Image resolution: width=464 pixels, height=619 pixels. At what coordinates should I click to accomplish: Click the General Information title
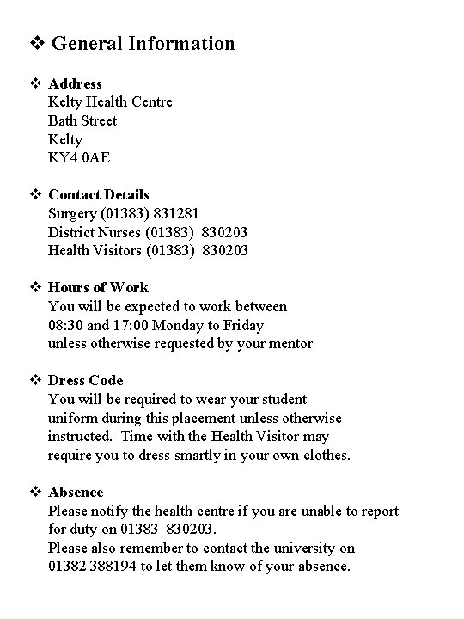pos(143,43)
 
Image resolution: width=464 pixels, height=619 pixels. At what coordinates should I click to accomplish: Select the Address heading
pos(75,83)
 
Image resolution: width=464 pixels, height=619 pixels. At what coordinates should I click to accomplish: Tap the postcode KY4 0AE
pos(79,157)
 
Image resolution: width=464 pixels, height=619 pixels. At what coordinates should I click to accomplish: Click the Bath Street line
pos(82,120)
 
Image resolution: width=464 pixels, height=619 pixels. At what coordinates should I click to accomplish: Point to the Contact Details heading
pos(99,194)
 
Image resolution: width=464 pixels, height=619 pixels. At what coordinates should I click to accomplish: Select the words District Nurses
pos(95,232)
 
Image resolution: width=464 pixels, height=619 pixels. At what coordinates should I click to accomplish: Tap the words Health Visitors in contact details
pos(95,250)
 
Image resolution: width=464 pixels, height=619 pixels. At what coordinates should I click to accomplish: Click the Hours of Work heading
pos(98,287)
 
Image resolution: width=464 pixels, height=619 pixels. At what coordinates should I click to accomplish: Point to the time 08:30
pos(66,325)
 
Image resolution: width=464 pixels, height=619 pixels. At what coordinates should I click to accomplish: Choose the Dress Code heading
pos(86,380)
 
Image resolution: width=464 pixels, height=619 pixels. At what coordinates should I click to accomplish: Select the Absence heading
pos(76,492)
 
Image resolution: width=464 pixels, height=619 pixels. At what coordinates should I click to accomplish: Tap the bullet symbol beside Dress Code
pos(35,380)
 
